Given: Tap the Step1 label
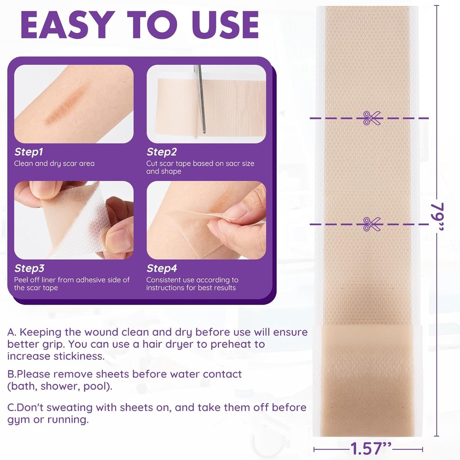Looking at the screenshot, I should point(29,152).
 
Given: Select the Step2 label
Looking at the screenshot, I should point(162,152).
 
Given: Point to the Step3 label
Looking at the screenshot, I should point(29,269).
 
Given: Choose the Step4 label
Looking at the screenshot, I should point(162,269).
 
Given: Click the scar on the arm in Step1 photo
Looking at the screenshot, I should point(67,105).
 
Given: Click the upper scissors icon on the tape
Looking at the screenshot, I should point(372,118).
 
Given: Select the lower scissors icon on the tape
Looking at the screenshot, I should point(372,224).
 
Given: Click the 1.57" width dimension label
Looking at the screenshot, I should point(371,448).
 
